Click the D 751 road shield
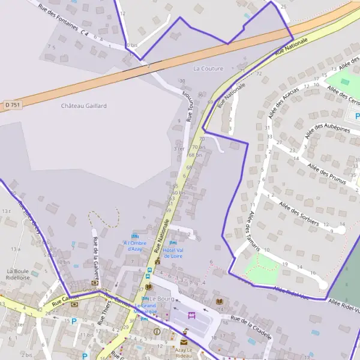click(x=13, y=105)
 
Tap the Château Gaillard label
click(x=84, y=106)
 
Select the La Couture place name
click(x=208, y=68)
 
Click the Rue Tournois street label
click(x=187, y=106)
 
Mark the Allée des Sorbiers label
click(x=298, y=213)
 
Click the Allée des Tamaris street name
click(x=253, y=230)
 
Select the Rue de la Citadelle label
click(x=251, y=327)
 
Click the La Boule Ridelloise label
click(x=18, y=274)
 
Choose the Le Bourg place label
click(x=161, y=298)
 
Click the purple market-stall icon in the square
click(x=192, y=314)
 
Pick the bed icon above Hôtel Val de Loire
click(x=173, y=243)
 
